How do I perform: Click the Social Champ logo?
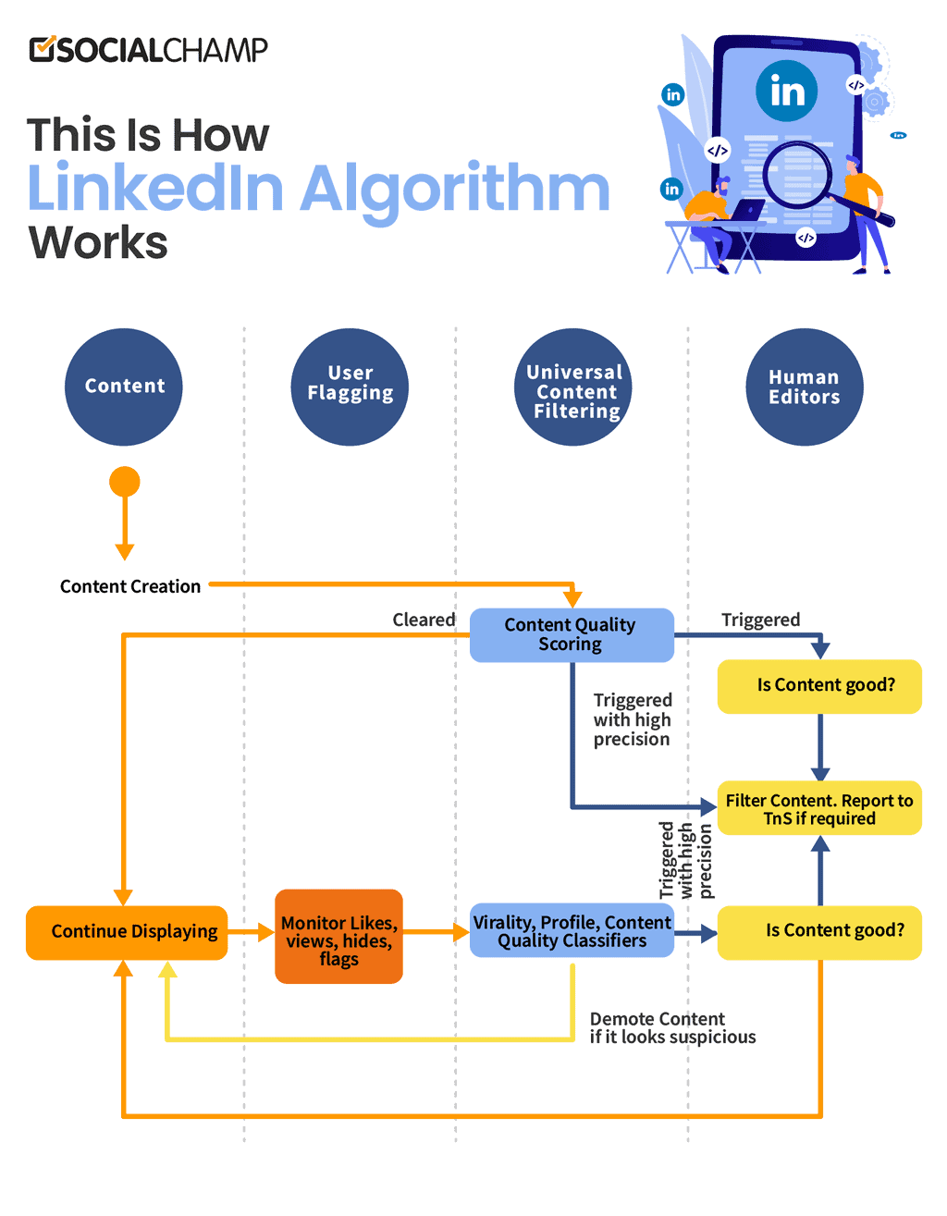(x=148, y=50)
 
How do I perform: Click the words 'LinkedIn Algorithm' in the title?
(x=318, y=189)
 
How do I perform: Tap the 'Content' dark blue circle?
(x=124, y=387)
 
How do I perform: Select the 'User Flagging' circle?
(x=350, y=387)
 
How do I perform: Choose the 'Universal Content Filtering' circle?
(x=573, y=387)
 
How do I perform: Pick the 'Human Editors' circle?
(x=804, y=387)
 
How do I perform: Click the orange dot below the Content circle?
(x=124, y=482)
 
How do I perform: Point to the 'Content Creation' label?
(x=130, y=586)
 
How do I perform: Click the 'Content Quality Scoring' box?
(x=571, y=634)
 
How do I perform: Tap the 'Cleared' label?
(x=424, y=620)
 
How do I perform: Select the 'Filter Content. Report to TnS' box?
(x=819, y=809)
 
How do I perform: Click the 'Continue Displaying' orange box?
(x=128, y=932)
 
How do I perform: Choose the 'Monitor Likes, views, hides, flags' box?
(x=338, y=937)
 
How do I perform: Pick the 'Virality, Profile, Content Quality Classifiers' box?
(x=572, y=931)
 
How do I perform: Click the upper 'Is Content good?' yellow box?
(x=819, y=686)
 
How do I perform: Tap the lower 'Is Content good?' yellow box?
(x=819, y=931)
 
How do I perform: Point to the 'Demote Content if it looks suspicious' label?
(x=672, y=1028)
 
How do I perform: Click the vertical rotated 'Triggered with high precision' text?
(x=685, y=860)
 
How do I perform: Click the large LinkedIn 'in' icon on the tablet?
(x=786, y=91)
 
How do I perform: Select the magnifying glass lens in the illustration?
(x=796, y=175)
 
